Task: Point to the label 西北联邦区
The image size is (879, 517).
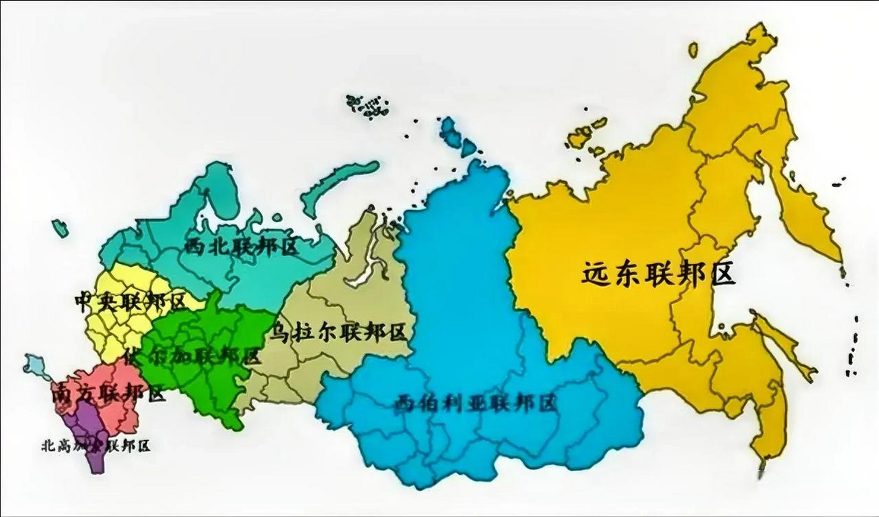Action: point(242,247)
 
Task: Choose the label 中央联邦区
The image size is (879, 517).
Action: point(130,302)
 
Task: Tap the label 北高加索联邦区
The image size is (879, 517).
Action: point(96,446)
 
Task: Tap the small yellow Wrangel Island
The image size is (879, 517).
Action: point(693,49)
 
